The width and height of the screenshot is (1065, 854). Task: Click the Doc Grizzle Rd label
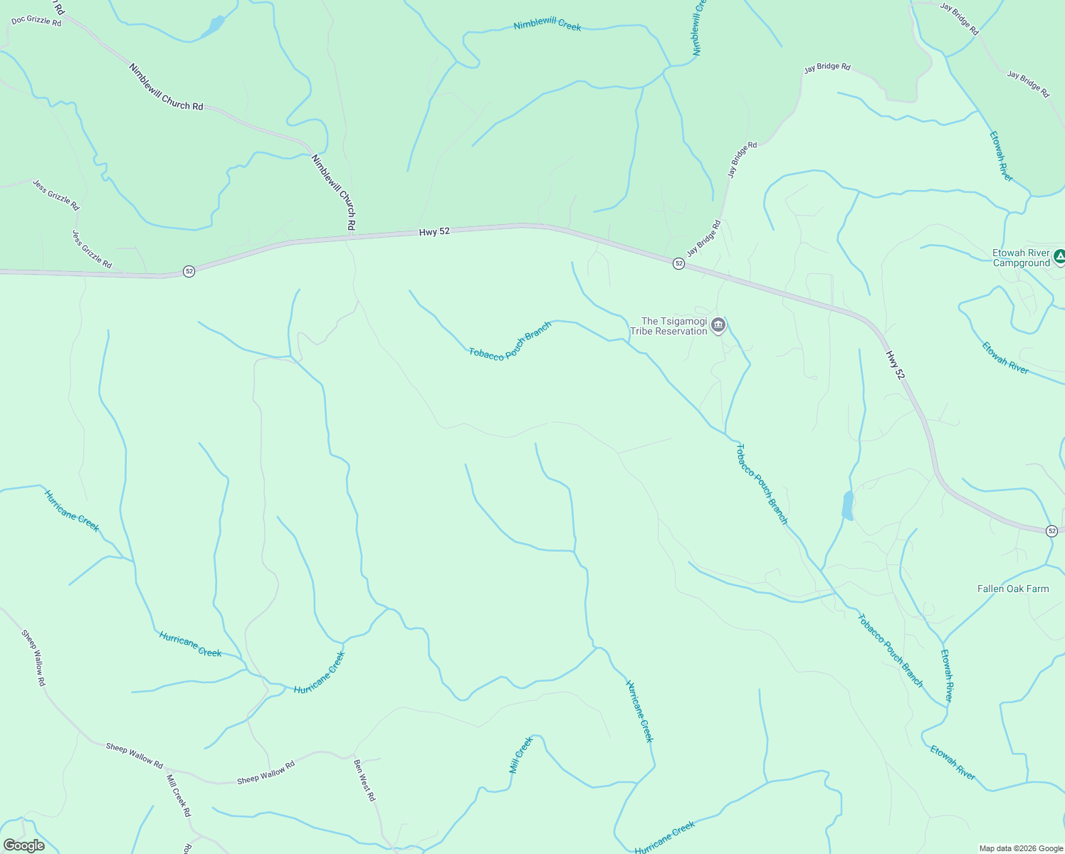point(36,21)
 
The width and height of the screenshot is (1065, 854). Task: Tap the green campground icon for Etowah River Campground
point(1059,255)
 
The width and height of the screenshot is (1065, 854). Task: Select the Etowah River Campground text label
point(1021,258)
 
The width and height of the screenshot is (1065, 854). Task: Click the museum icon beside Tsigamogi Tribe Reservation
point(718,326)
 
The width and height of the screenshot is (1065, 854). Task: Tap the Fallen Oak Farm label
point(1012,589)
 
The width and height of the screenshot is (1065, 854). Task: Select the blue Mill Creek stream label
point(521,756)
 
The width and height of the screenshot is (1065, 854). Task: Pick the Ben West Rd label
point(364,780)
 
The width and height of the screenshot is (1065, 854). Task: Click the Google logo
point(24,845)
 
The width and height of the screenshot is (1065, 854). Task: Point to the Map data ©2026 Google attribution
point(1020,848)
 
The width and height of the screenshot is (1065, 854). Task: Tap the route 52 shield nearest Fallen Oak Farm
point(1051,531)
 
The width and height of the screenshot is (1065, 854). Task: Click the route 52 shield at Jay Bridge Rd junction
point(678,263)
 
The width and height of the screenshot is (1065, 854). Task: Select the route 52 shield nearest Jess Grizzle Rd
point(189,271)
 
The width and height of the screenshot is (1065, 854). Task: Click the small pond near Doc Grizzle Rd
point(212,27)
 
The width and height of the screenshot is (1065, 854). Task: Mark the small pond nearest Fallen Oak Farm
point(847,505)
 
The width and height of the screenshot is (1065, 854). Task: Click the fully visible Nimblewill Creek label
point(547,25)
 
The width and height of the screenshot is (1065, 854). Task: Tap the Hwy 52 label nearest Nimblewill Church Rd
point(434,232)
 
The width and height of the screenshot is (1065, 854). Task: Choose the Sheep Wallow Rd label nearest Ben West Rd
point(266,774)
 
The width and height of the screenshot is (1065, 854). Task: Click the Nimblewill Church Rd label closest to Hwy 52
point(334,191)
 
